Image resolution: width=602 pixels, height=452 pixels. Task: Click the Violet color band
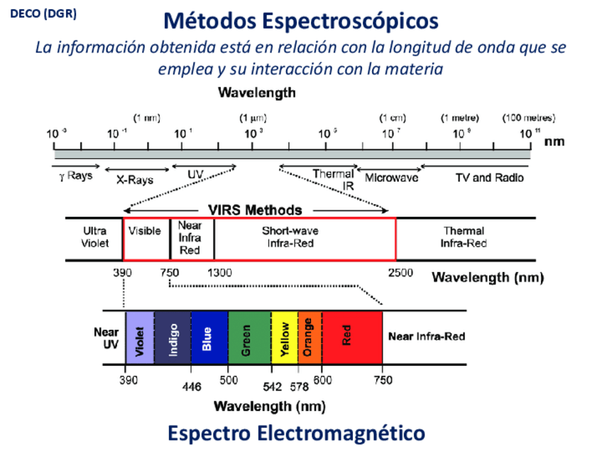140,338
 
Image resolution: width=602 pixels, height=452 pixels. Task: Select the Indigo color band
173,338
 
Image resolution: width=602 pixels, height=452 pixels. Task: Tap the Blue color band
209,338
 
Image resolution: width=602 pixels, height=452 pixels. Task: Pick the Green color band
249,338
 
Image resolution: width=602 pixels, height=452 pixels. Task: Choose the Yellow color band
285,338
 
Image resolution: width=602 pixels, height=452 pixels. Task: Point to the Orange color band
310,338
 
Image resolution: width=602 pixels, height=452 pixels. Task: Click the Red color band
352,338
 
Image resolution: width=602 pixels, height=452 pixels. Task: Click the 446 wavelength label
192,387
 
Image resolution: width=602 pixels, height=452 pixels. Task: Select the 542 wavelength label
272,387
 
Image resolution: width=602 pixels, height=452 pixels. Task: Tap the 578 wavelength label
299,387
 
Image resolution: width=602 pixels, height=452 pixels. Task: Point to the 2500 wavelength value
400,273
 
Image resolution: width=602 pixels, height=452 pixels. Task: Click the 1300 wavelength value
219,273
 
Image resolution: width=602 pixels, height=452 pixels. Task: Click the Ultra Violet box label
94,237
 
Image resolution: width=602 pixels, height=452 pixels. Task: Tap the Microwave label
391,178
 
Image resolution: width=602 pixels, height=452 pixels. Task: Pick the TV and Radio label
489,178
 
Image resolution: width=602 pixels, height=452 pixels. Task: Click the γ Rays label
76,176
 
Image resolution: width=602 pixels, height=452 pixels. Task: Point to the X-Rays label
135,180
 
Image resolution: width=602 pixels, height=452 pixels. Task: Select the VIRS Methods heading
255,210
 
